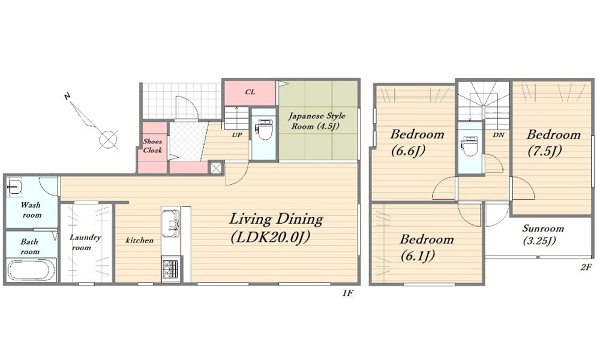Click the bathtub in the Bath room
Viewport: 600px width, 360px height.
pos(31,271)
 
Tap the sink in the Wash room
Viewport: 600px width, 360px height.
pos(14,187)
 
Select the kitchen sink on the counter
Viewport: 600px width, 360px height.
pos(170,223)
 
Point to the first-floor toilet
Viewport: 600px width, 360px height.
pos(263,130)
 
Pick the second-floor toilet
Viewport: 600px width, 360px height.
pos(469,146)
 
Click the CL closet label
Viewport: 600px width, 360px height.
pos(250,92)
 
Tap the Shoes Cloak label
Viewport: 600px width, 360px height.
pos(152,146)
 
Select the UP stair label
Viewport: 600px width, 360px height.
pos(237,135)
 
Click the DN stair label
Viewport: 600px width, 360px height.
pos(498,135)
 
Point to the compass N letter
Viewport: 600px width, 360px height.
pos(67,97)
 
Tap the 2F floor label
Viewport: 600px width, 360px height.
pos(586,267)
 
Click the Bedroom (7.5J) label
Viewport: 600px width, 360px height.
pos(553,143)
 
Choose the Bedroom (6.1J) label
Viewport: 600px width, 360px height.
pos(427,248)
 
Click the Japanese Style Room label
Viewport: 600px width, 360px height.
pos(316,121)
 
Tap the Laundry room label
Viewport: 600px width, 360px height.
pos(85,242)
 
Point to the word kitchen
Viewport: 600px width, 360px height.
pos(140,240)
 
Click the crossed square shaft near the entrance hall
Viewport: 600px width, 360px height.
pos(215,168)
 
